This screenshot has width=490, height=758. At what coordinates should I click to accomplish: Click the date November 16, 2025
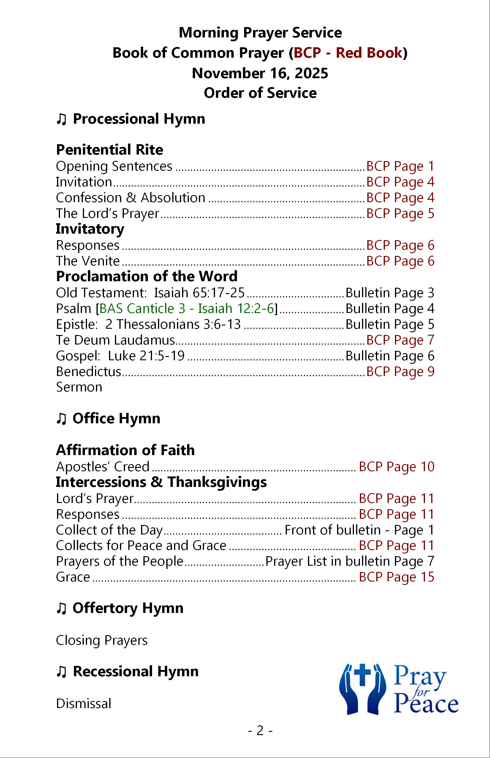click(x=260, y=73)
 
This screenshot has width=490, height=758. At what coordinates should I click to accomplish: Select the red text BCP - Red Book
click(x=348, y=53)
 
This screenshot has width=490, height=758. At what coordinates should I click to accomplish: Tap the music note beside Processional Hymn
click(x=61, y=119)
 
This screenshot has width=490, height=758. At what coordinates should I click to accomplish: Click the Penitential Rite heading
click(x=110, y=150)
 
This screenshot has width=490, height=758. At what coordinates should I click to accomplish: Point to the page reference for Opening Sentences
click(x=400, y=166)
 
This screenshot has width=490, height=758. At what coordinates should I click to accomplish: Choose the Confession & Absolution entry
click(x=130, y=198)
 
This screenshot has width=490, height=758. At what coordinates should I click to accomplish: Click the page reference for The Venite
click(x=400, y=261)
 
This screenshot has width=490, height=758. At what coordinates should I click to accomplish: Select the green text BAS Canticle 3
click(x=142, y=309)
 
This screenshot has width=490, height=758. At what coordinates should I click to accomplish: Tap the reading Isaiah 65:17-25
click(x=199, y=293)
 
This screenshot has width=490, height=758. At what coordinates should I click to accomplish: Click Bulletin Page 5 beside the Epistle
click(x=390, y=325)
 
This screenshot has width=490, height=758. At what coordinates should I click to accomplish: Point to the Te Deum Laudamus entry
click(x=116, y=340)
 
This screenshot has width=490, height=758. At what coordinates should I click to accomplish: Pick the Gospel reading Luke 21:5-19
click(x=146, y=356)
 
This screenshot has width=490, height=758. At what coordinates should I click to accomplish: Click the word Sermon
click(x=79, y=387)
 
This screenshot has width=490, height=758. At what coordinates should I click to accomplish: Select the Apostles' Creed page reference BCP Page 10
click(x=396, y=467)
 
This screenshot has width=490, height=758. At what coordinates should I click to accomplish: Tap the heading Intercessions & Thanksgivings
click(x=161, y=482)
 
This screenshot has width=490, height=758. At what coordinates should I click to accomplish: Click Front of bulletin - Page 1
click(x=359, y=530)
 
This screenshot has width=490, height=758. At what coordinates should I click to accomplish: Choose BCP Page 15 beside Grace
click(x=396, y=577)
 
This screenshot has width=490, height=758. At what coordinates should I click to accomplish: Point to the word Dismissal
click(x=83, y=704)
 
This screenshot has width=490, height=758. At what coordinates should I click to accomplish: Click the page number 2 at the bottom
click(x=260, y=731)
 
